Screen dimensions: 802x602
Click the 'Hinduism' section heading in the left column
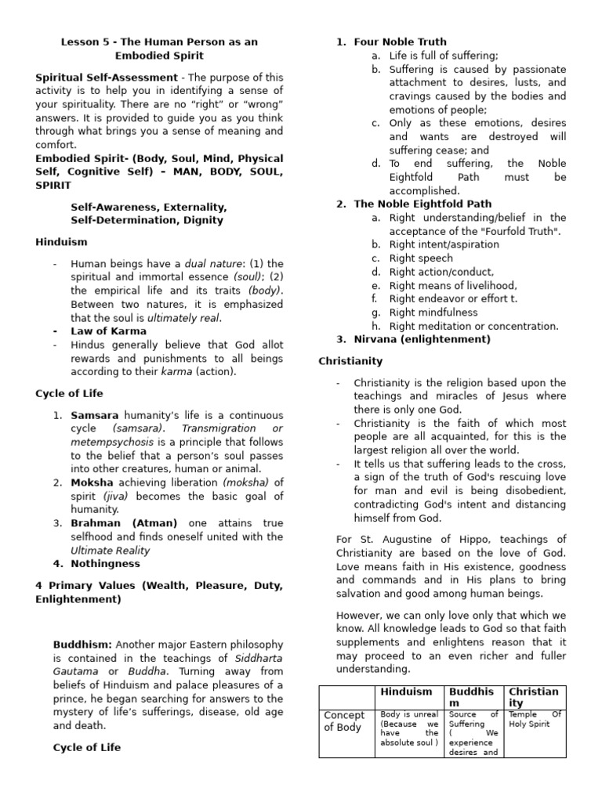(61, 242)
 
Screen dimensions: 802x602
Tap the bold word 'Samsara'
(95, 414)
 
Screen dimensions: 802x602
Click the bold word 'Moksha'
(92, 482)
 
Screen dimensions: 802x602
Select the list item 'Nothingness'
(105, 563)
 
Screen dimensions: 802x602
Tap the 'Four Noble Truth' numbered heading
(400, 42)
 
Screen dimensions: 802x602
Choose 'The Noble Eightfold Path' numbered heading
(421, 204)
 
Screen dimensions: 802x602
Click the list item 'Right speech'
(421, 258)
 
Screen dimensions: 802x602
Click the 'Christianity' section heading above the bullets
(350, 361)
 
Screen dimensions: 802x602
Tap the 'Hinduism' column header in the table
(406, 692)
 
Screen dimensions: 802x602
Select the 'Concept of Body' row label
(344, 721)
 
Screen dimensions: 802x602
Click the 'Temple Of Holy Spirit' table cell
(535, 719)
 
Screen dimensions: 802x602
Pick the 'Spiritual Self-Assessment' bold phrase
(107, 78)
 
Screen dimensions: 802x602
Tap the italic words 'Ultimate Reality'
(110, 551)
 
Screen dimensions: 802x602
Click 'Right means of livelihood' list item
(453, 285)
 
